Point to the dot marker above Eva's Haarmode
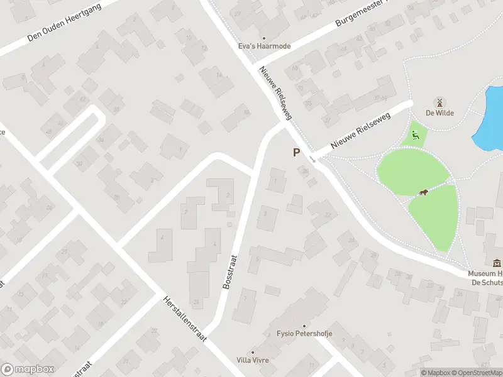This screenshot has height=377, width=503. tap(263, 38)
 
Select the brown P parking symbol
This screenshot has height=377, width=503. tap(296, 152)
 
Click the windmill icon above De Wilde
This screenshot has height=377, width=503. tap(439, 102)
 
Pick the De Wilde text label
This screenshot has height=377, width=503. tap(439, 113)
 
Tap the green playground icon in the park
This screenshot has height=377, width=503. tap(415, 134)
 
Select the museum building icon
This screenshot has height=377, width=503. tap(497, 263)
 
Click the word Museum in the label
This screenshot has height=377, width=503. tap(482, 274)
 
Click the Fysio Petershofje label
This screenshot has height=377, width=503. tap(304, 334)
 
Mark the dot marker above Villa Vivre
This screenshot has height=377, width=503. tap(253, 352)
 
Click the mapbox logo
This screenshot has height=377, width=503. tap(28, 369)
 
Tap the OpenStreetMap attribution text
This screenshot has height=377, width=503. tap(477, 373)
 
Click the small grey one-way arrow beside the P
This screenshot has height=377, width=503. tap(313, 160)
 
